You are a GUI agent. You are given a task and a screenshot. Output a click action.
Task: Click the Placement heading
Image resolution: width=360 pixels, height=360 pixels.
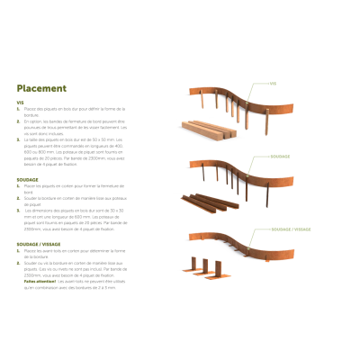point(41,88)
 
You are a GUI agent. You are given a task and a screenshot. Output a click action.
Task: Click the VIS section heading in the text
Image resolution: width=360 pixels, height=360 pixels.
point(20,103)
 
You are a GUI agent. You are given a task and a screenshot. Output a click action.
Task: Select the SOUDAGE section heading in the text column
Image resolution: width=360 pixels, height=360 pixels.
point(26,179)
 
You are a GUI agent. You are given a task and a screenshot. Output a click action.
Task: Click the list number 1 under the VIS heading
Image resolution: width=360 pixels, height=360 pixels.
point(19,109)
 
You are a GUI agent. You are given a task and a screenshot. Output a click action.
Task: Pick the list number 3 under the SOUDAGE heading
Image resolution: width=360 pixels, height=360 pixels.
point(19,210)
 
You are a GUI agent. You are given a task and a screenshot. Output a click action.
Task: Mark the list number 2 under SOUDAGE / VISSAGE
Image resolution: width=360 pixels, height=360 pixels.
point(19,262)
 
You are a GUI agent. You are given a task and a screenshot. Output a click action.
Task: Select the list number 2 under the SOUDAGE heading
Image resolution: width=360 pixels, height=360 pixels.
point(19,197)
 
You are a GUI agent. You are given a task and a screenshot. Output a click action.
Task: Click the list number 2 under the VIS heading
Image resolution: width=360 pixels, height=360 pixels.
point(19,121)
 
